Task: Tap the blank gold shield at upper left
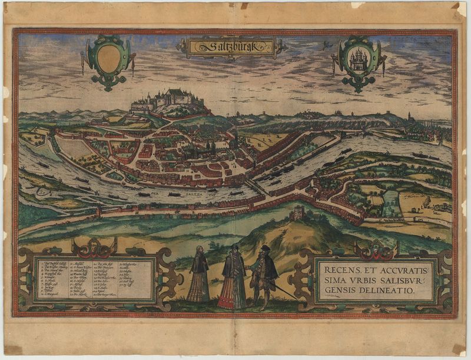(x=108, y=58)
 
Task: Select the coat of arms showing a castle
(x=359, y=59)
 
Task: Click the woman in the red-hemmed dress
(x=233, y=279)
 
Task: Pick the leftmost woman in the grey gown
(x=199, y=276)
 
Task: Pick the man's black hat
(x=265, y=249)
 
